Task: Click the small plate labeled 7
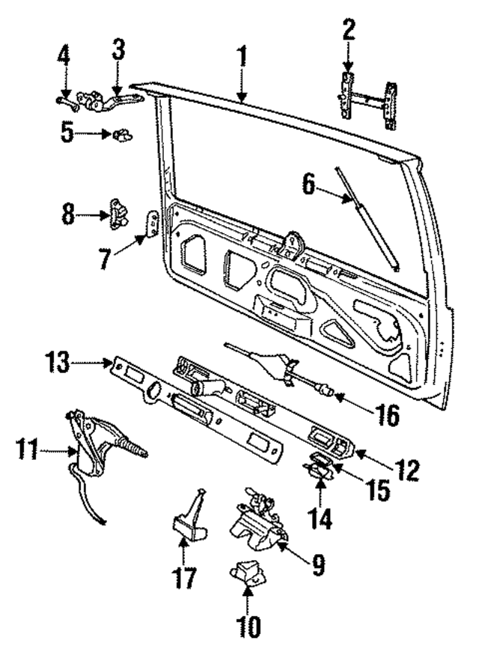tap(153, 224)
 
